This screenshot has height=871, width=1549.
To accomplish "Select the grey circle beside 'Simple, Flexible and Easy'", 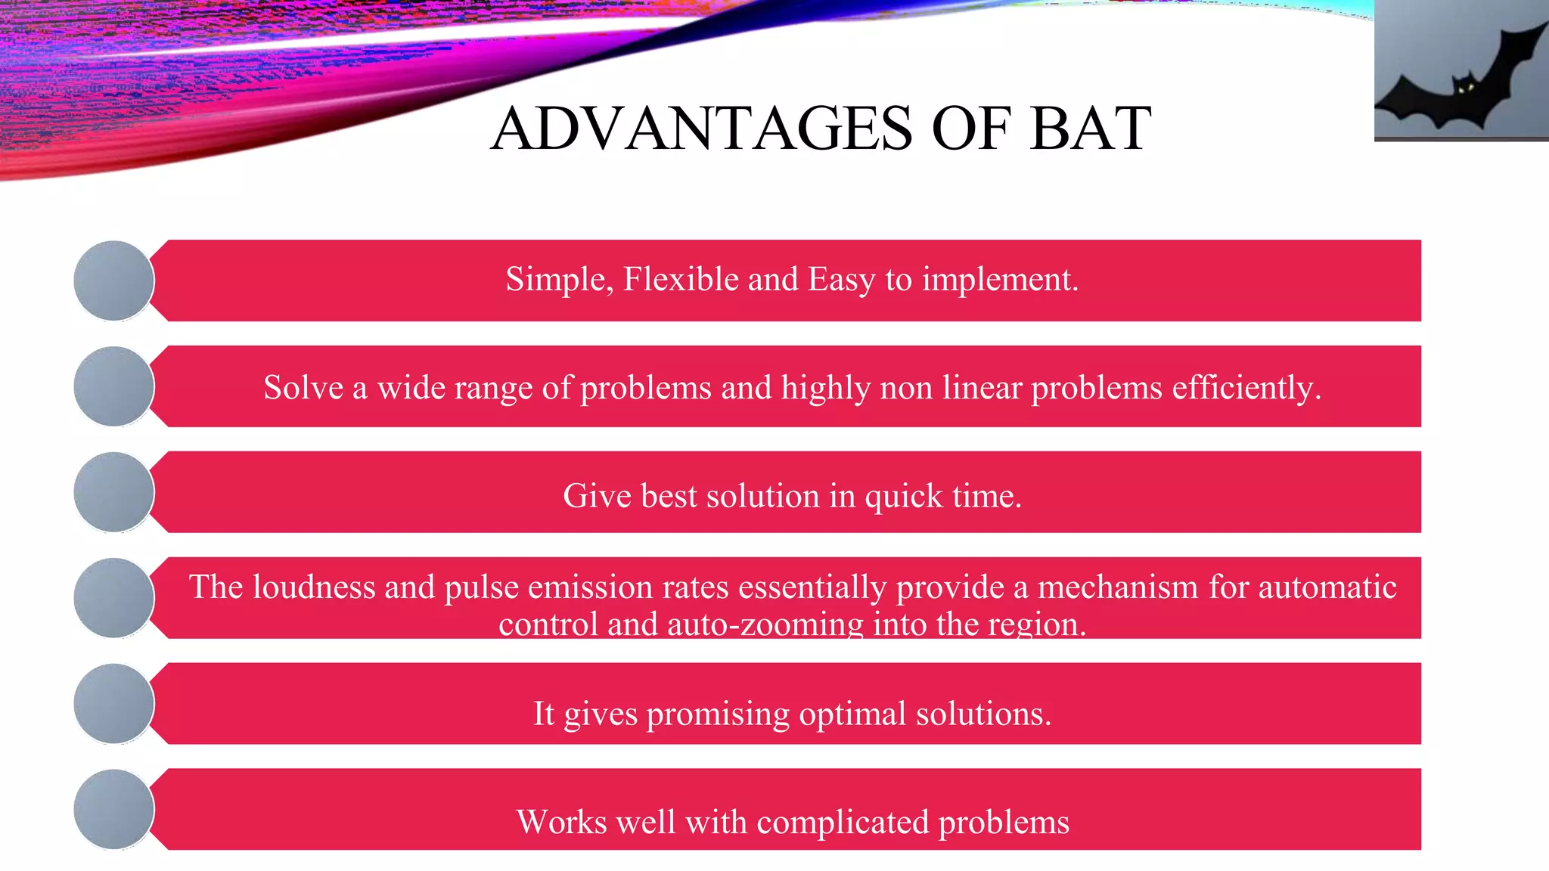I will point(114,281).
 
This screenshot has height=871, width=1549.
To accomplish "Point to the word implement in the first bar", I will point(998,281).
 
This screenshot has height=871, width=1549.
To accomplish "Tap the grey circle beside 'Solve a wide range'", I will point(114,386).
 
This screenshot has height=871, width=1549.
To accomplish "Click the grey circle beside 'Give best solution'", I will point(114,492).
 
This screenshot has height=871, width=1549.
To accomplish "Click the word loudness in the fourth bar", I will point(313,587).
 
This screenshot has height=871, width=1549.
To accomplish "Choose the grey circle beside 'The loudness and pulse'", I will point(114,598).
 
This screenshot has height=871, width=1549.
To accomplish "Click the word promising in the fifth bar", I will point(718,714).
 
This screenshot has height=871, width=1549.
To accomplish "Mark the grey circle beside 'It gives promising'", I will point(114,704).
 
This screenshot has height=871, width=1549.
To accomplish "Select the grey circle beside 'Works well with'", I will point(114,810).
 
